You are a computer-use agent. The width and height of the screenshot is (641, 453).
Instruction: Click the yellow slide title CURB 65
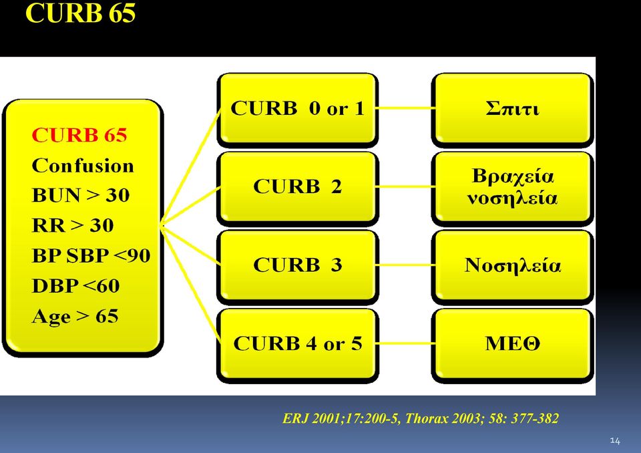tap(80, 12)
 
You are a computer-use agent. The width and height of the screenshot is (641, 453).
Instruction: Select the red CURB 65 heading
tap(79, 135)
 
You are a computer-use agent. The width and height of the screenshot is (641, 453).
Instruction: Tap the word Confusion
tap(83, 166)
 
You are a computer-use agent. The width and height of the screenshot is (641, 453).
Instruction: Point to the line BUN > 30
tap(81, 195)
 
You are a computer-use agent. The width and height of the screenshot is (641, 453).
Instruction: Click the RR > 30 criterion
tap(73, 225)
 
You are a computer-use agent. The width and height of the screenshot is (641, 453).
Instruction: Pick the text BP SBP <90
tap(91, 255)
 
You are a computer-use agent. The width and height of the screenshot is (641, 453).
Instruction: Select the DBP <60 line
tap(75, 286)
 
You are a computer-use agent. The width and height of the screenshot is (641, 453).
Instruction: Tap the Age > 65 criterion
tap(75, 316)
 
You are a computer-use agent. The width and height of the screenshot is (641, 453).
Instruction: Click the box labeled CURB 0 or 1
tap(298, 110)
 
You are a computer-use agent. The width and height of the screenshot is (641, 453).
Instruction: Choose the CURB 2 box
tap(298, 188)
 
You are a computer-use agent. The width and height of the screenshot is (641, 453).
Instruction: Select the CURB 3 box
tap(298, 267)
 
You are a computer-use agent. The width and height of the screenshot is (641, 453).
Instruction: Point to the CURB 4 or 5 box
tap(298, 345)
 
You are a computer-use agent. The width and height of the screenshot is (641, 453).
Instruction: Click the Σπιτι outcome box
tap(512, 110)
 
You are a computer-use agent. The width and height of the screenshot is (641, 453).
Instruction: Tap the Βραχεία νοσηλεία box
tap(512, 188)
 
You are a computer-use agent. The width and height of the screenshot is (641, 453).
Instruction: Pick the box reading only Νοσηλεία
tap(512, 267)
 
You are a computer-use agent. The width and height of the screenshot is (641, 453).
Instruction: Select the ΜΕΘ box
tap(512, 345)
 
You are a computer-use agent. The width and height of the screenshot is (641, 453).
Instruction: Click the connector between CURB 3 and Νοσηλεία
tap(405, 265)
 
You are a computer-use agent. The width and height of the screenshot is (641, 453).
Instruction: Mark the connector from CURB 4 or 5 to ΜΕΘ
tap(405, 343)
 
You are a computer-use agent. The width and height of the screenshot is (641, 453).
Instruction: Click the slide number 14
tap(615, 441)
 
